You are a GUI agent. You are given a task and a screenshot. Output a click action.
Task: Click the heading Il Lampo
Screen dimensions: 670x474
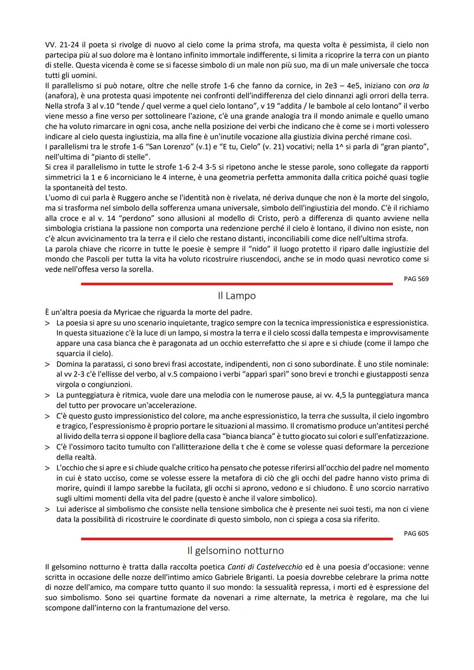(237, 296)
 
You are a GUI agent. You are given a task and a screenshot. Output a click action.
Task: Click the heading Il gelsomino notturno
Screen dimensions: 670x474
(235, 550)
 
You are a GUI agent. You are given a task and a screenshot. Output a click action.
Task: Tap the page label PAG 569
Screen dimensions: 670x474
(416, 279)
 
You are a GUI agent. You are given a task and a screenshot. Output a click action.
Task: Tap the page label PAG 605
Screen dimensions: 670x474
(416, 534)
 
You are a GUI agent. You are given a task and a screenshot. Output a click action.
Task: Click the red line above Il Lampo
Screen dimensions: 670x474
(237, 284)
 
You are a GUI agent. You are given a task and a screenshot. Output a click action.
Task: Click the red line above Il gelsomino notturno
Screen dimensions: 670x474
(237, 539)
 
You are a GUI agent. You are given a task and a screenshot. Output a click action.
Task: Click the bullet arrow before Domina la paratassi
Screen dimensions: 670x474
(47, 364)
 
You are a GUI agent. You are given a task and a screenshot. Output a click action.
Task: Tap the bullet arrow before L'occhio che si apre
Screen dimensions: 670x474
(47, 468)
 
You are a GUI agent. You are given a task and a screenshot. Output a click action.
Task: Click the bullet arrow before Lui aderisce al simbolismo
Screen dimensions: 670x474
(47, 509)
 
